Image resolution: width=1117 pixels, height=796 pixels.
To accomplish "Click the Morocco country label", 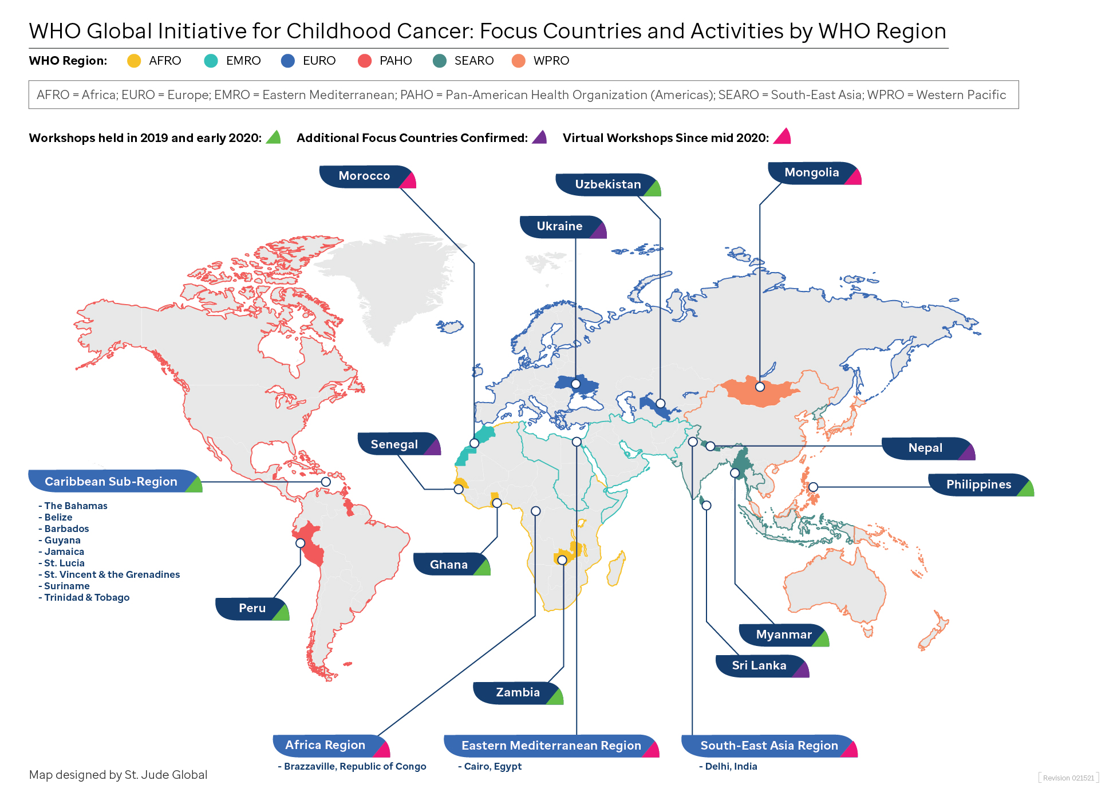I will point(365,176).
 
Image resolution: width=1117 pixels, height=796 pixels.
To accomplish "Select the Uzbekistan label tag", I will point(607,184).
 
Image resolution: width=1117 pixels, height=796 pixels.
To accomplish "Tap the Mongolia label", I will point(811,172).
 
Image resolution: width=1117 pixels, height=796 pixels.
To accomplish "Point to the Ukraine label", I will point(559,226).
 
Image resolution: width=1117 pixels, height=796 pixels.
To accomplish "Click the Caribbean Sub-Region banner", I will point(111,482).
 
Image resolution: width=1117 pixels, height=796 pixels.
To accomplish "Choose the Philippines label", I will point(978,484).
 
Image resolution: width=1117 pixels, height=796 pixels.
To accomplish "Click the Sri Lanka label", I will point(759,665).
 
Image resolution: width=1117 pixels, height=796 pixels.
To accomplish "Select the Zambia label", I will point(518,692).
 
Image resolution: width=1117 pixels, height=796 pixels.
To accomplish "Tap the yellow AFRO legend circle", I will point(134,61).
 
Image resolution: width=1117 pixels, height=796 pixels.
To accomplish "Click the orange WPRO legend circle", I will point(519,61).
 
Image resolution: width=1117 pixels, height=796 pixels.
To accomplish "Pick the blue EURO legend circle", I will point(288,61).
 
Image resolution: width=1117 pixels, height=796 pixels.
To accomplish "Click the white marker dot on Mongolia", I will point(760,387).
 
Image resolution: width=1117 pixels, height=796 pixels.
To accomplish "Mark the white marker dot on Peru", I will point(300,543).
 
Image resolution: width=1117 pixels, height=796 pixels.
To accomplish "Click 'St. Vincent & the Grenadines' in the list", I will point(112,574).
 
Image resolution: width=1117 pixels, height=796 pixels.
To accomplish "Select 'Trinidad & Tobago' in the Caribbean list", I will point(86,597).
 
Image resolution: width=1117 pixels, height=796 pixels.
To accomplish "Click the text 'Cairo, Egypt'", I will point(492,766).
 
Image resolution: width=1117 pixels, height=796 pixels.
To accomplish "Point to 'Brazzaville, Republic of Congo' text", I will point(355,766).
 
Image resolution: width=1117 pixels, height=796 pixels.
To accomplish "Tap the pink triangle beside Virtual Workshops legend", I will point(783,137).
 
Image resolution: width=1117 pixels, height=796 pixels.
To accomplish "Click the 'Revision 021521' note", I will point(1068,778).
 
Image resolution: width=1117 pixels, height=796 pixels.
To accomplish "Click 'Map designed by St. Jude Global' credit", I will point(118,775).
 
